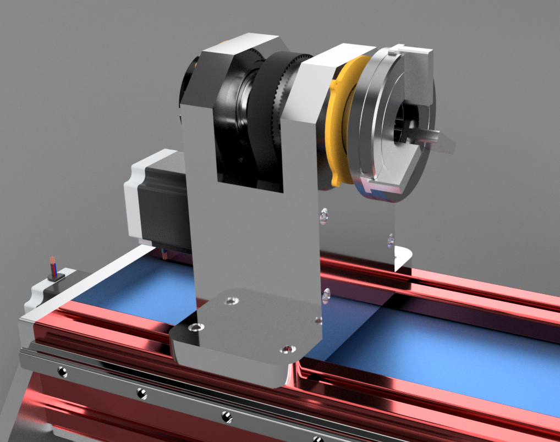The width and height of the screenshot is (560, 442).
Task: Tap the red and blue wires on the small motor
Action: click(53, 265)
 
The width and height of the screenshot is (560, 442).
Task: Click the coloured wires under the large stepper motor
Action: click(164, 253)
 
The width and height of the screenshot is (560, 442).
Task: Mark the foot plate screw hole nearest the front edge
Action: click(286, 349)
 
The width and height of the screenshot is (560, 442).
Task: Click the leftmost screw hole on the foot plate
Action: click(194, 328)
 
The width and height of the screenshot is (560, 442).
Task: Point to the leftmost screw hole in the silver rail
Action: click(62, 372)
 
